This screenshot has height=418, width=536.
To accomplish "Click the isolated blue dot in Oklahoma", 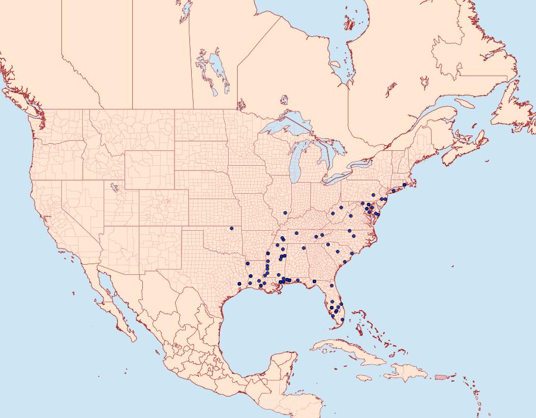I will [x=232, y=228].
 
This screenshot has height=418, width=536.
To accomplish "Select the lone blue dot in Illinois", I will [x=285, y=212].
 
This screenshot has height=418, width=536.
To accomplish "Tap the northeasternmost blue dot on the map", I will [x=404, y=184].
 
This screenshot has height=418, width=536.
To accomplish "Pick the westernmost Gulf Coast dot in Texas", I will [x=239, y=283].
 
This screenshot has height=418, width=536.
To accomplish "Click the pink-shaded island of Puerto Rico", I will [x=441, y=376].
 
